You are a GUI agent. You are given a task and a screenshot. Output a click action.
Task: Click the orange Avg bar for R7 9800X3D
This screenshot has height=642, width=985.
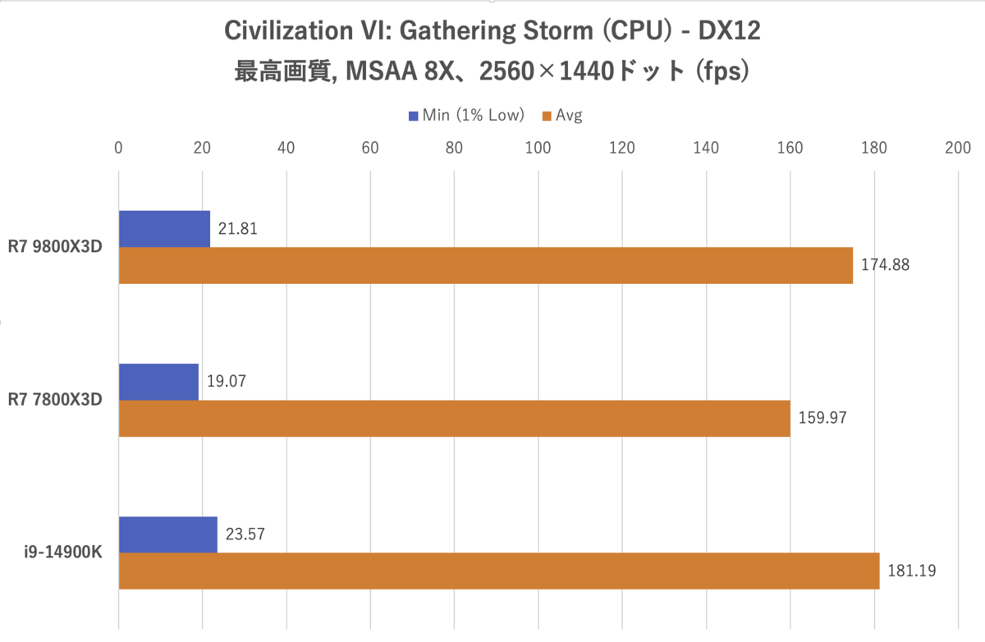click(486, 265)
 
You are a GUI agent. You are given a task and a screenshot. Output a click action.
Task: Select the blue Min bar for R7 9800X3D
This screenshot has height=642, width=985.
click(164, 229)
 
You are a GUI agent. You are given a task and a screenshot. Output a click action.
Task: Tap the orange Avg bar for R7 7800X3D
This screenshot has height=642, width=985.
click(454, 418)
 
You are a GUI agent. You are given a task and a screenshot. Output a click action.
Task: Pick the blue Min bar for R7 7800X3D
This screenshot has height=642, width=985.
click(158, 382)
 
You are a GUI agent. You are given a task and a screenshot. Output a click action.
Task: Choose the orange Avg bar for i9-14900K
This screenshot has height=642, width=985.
click(499, 571)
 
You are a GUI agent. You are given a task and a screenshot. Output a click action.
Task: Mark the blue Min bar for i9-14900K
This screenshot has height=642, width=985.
click(167, 534)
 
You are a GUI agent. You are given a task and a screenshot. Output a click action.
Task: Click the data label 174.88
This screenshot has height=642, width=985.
click(885, 266)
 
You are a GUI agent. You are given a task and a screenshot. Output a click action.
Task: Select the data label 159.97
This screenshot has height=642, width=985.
click(822, 419)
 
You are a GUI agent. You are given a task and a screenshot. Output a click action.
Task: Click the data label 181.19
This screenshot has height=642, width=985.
click(911, 571)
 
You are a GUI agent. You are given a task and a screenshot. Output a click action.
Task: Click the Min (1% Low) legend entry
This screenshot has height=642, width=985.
click(466, 116)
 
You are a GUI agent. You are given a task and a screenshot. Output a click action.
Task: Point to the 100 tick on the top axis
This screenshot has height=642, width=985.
click(538, 149)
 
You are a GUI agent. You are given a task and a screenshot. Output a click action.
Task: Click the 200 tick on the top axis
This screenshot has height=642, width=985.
click(958, 149)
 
